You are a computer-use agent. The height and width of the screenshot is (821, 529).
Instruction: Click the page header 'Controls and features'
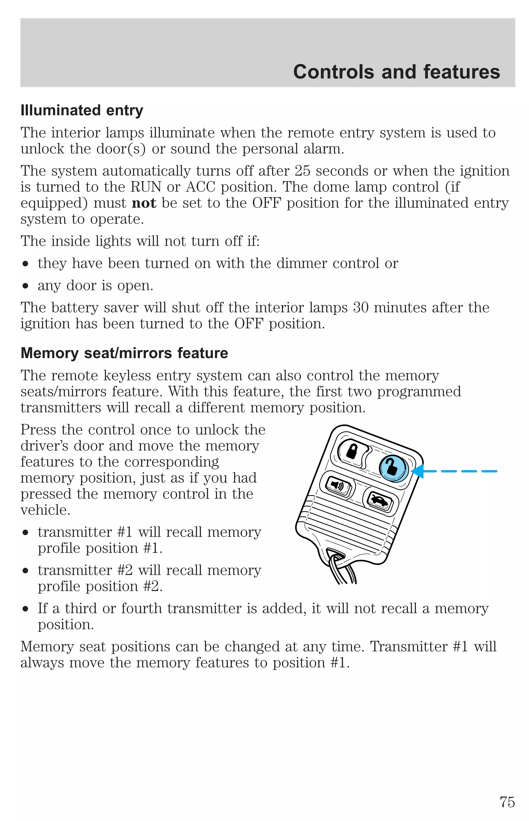tap(396, 72)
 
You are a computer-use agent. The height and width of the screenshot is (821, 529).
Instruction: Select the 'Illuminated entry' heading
tap(82, 111)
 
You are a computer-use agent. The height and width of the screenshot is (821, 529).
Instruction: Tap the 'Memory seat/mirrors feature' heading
tap(124, 353)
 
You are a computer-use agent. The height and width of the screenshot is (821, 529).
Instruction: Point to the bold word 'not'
tap(144, 203)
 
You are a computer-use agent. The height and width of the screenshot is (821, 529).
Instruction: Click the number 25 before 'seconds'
tap(302, 171)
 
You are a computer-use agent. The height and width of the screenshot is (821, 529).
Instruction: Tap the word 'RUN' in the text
tap(146, 187)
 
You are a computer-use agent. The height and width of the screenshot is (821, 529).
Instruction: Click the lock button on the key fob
tap(352, 451)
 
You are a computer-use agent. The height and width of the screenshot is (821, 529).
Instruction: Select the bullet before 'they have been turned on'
tap(25, 264)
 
